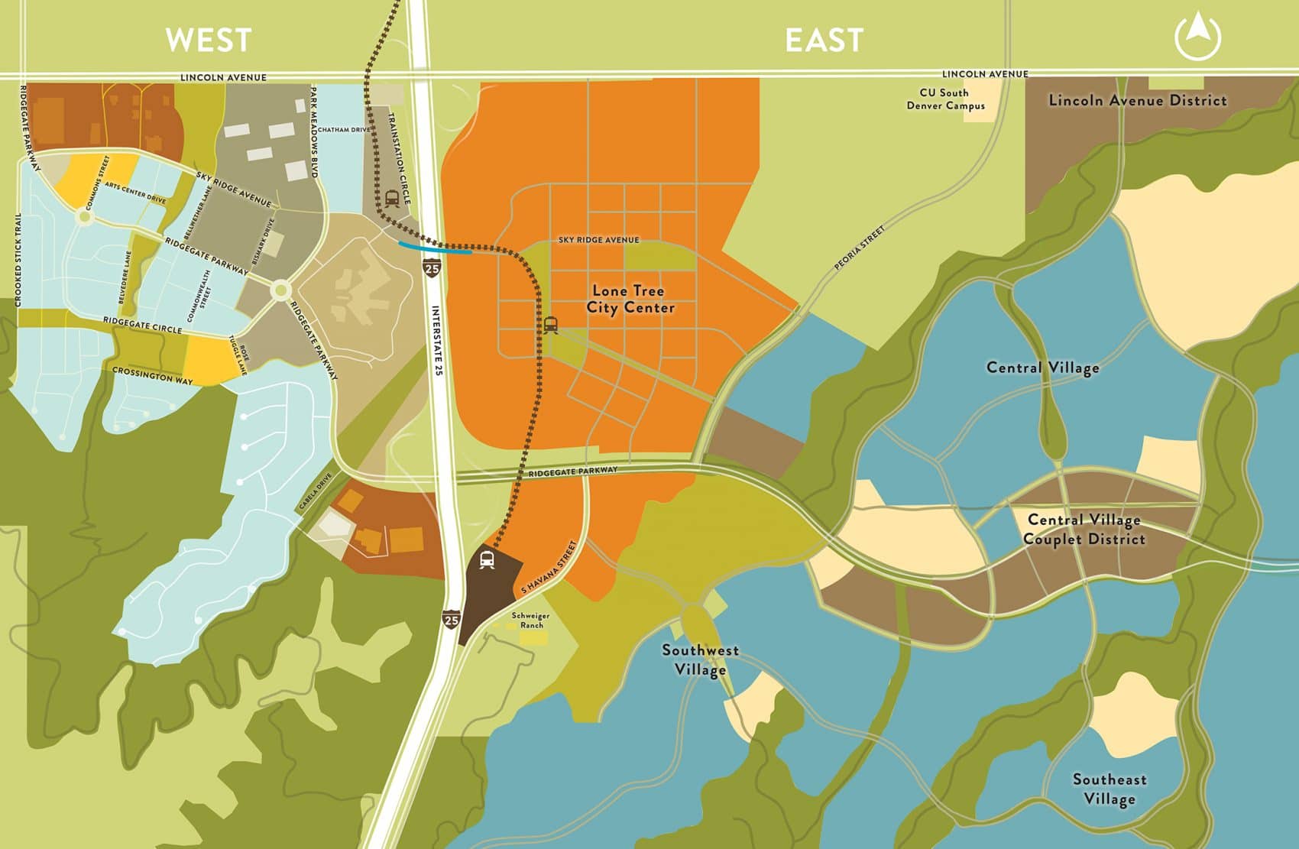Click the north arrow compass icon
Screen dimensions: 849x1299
point(1197,37)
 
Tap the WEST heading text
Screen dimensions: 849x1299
point(209,40)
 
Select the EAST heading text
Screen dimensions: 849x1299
point(824,40)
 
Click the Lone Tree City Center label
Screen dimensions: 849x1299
point(630,299)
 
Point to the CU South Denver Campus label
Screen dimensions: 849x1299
point(945,99)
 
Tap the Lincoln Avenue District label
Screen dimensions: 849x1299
point(1137,100)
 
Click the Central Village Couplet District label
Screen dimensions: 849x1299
point(1084,529)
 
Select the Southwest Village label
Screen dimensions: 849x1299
point(700,659)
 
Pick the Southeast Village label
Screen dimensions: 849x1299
point(1109,789)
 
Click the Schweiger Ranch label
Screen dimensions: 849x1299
point(530,620)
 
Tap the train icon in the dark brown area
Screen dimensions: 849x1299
point(487,560)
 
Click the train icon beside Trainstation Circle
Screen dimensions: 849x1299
point(392,198)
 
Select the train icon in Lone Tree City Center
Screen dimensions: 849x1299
point(550,325)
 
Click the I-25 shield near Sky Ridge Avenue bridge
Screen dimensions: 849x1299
point(432,268)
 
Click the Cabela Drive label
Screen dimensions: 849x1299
point(315,493)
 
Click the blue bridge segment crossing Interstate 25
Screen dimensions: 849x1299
point(435,248)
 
